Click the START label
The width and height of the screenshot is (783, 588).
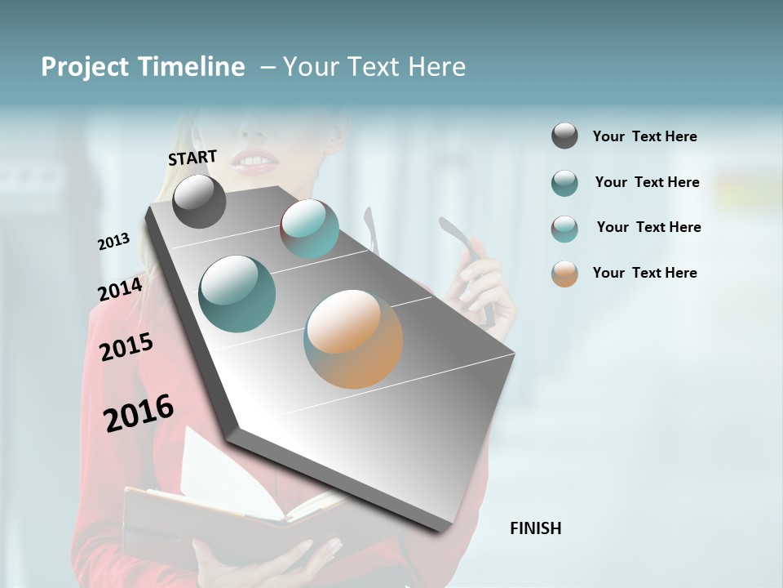192,158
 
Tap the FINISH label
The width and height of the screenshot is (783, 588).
535,528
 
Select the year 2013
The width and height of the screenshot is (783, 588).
113,242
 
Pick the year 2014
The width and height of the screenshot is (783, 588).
120,289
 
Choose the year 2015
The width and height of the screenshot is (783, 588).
126,347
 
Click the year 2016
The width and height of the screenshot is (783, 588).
139,413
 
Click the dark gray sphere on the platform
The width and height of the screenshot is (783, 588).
199,201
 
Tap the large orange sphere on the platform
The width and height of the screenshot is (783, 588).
353,339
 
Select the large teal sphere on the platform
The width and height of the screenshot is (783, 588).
237,294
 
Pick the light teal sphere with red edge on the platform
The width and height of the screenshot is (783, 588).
310,229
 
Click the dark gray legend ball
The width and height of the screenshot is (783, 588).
564,136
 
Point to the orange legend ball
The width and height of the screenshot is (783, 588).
564,274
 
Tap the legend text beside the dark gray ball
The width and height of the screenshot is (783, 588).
644,136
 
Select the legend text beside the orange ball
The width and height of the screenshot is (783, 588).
644,273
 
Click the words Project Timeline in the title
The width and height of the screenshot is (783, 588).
143,67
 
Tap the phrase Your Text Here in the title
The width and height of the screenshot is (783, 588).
374,67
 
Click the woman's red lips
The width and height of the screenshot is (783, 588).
254,162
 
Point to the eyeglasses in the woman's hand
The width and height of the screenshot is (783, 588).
473,261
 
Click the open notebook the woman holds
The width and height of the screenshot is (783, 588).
237,498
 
